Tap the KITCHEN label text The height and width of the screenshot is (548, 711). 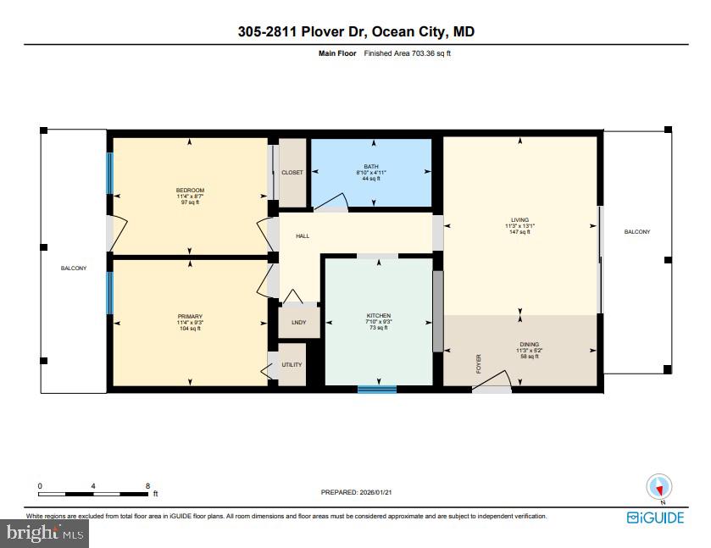[x=379, y=316]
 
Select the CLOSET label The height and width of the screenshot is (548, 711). [x=292, y=173]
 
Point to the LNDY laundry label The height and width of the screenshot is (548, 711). [x=298, y=323]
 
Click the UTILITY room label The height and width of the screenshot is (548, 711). [x=292, y=365]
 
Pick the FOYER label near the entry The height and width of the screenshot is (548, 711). [x=478, y=364]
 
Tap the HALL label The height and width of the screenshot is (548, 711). [x=302, y=235]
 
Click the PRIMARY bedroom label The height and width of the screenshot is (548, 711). [x=190, y=316]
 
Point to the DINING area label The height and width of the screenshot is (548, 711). [x=529, y=345]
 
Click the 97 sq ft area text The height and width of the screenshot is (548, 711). [x=190, y=203]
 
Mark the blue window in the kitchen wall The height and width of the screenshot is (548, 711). [x=377, y=390]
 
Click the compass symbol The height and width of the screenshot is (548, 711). [x=659, y=487]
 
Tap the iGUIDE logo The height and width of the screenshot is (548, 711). [x=655, y=518]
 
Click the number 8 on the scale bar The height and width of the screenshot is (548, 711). [x=147, y=486]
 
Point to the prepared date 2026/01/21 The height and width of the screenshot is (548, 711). [x=373, y=492]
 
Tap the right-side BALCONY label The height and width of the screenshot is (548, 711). [x=637, y=231]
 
